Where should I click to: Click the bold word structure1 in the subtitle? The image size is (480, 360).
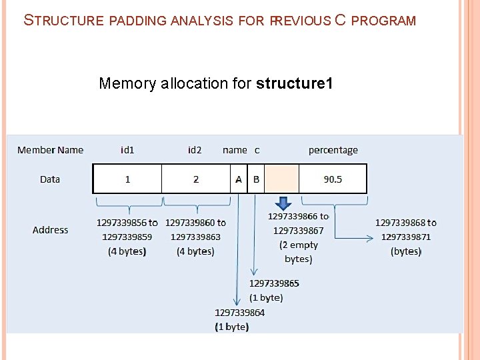[294, 83]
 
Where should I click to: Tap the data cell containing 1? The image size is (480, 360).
[127, 179]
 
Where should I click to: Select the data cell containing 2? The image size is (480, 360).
[196, 179]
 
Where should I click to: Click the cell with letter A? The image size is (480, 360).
[239, 179]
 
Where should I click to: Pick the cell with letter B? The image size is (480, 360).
[256, 179]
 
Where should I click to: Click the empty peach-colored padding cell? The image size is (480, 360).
[281, 179]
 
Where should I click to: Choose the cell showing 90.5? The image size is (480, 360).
[333, 179]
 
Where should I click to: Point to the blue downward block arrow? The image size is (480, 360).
[283, 203]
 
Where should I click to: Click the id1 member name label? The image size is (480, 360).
[127, 150]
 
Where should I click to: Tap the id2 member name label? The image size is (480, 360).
[195, 150]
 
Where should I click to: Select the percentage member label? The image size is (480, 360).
[333, 150]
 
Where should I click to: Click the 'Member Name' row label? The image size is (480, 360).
[51, 150]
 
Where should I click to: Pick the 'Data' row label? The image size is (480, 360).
[50, 179]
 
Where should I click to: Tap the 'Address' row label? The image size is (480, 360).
[51, 230]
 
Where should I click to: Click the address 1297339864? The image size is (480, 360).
[239, 313]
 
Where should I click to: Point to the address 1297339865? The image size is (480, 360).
[274, 283]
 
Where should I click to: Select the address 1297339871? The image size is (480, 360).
[406, 237]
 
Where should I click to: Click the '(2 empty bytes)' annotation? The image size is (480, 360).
[298, 252]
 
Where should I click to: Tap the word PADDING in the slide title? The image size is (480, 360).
[137, 21]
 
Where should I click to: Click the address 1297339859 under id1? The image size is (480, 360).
[127, 237]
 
